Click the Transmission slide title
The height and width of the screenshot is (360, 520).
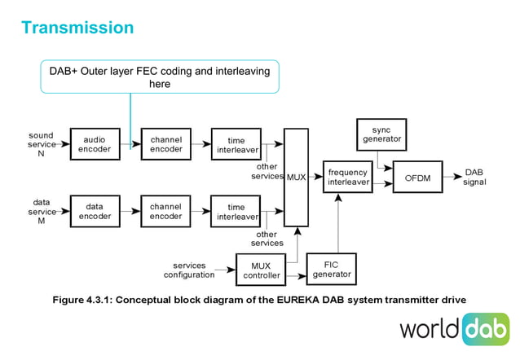pos(77,28)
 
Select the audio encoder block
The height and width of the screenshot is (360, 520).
pos(95,144)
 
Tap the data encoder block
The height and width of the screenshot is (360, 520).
pos(95,211)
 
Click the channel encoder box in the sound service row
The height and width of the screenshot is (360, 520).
pos(165,144)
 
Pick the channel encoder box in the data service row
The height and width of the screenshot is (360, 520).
pos(165,211)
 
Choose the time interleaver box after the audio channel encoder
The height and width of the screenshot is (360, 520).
pos(236,145)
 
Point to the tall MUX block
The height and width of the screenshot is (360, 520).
pos(296,177)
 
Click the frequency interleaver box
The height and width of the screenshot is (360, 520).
pos(347,177)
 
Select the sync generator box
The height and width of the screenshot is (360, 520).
pos(381,134)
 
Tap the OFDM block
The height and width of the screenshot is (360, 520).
pos(417,177)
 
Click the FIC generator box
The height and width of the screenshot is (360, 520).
pos(332,269)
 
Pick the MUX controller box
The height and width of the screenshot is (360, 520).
pos(261,270)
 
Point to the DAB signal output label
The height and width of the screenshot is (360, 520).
pos(474,177)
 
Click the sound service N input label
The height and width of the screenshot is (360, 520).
pos(41,144)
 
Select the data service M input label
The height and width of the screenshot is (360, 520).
pos(41,211)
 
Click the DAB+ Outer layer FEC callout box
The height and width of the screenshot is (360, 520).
pos(160,77)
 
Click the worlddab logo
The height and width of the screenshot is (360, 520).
pos(453,329)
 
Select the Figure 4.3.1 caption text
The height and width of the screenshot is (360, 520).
pos(259,300)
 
